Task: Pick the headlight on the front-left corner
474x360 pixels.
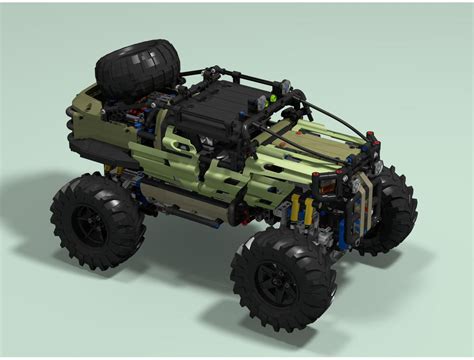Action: tap(325, 180)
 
